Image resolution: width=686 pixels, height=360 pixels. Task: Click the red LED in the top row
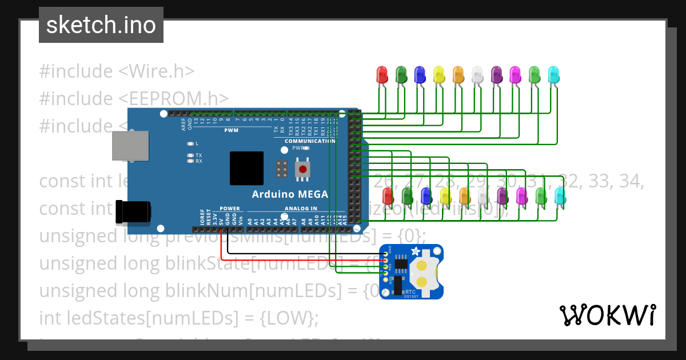pyautogui.click(x=382, y=74)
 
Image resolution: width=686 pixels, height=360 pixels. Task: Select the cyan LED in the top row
pyautogui.click(x=553, y=74)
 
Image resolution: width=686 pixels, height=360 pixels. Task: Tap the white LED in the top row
pyautogui.click(x=477, y=74)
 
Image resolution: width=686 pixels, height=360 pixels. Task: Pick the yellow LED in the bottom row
pyautogui.click(x=445, y=196)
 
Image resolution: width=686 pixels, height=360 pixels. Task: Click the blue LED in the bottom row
pyautogui.click(x=426, y=196)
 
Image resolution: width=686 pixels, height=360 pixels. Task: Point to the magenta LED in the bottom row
pyautogui.click(x=521, y=196)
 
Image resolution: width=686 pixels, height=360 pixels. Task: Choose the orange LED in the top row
pyautogui.click(x=458, y=74)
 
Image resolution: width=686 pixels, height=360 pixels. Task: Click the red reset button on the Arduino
pyautogui.click(x=301, y=169)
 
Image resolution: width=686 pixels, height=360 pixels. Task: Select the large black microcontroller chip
pyautogui.click(x=246, y=169)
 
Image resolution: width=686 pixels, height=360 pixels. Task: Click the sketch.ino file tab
pyautogui.click(x=101, y=25)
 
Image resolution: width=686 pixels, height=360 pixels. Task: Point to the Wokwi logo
pyautogui.click(x=607, y=315)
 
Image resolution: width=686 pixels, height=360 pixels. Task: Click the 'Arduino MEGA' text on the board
pyautogui.click(x=290, y=194)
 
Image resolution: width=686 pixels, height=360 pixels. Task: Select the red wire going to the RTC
pyautogui.click(x=297, y=261)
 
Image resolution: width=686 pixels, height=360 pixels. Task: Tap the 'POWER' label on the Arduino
pyautogui.click(x=230, y=209)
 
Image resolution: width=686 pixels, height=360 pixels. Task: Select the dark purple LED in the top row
pyautogui.click(x=496, y=74)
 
